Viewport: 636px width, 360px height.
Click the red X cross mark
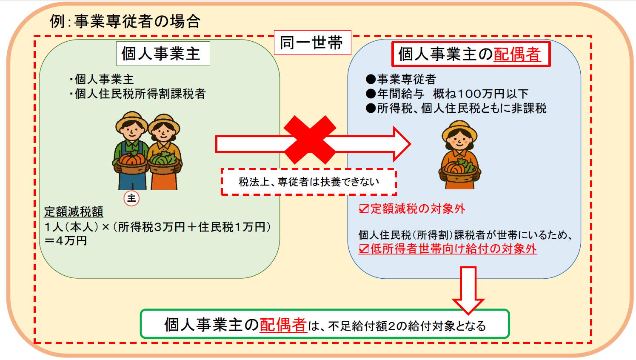(x=310, y=140)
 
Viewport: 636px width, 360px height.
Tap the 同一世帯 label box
(x=312, y=43)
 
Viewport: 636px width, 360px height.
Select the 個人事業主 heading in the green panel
(x=163, y=54)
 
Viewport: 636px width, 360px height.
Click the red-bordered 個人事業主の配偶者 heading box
(x=471, y=54)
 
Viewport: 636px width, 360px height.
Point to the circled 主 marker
(x=131, y=198)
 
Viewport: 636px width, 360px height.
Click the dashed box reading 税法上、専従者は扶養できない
(x=308, y=182)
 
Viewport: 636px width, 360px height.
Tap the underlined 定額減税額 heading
(x=74, y=212)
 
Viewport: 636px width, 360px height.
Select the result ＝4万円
(x=66, y=241)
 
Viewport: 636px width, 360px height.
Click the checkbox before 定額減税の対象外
(x=364, y=209)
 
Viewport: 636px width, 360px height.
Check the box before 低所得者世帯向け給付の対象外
(x=364, y=249)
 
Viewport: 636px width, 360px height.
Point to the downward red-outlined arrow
(x=468, y=290)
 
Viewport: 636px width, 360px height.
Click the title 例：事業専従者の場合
(x=125, y=21)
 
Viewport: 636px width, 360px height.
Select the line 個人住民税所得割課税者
(x=138, y=94)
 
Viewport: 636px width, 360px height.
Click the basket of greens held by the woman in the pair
(x=163, y=163)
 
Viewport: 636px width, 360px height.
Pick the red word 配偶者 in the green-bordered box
(x=283, y=325)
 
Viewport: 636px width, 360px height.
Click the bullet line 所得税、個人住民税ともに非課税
(x=456, y=109)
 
